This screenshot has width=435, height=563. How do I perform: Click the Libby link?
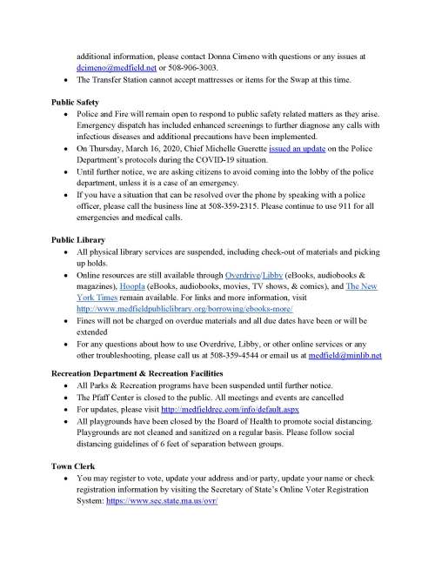pos(277,273)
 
